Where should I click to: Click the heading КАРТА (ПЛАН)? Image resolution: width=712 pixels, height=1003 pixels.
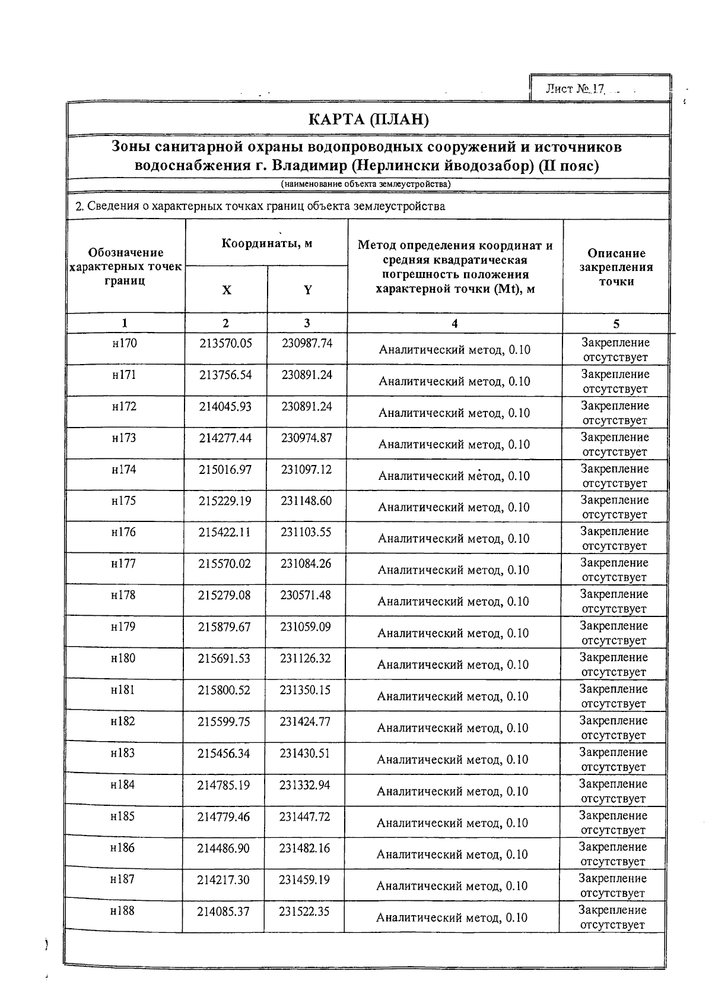click(x=368, y=120)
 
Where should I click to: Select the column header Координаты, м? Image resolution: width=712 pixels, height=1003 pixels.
click(x=266, y=243)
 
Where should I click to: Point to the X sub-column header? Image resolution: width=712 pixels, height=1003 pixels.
click(x=227, y=290)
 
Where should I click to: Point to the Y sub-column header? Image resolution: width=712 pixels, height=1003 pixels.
click(x=307, y=290)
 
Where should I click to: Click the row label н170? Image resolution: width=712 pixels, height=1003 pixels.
click(x=124, y=343)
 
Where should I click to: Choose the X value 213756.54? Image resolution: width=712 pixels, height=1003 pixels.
click(x=225, y=375)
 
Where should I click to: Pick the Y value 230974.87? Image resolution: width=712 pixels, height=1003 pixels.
click(x=306, y=438)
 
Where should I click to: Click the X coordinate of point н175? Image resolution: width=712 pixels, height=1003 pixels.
click(x=225, y=501)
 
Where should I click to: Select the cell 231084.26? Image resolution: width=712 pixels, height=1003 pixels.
click(x=306, y=564)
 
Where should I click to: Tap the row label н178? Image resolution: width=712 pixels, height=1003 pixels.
click(x=123, y=595)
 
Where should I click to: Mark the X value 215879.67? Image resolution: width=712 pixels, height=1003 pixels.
click(x=224, y=627)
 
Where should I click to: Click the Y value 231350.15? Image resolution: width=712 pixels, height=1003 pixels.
click(x=305, y=690)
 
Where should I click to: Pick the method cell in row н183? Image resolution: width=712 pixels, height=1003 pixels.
click(x=452, y=760)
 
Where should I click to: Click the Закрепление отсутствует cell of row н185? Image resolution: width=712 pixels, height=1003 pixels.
click(x=613, y=822)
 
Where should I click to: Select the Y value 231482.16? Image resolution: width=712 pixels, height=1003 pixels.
click(x=304, y=848)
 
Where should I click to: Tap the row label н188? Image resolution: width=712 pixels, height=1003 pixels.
click(x=122, y=911)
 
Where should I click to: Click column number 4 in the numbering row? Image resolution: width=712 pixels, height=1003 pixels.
click(x=454, y=324)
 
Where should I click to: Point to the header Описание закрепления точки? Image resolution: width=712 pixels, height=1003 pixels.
click(x=616, y=267)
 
